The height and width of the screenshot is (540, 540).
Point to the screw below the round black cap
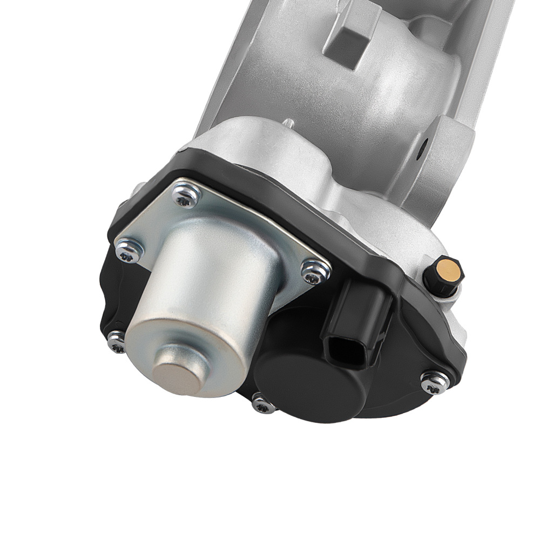tap(264, 403)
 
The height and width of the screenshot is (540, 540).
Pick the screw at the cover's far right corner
tap(435, 381)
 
